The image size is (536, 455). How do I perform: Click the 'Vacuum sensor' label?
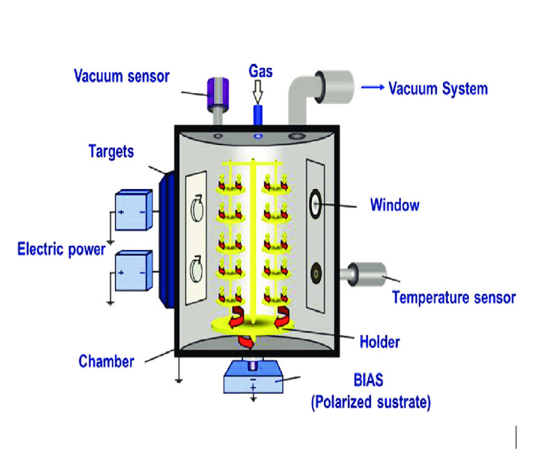click(x=121, y=76)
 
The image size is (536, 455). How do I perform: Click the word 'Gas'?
click(x=260, y=71)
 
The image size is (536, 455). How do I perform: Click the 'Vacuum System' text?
click(x=438, y=89)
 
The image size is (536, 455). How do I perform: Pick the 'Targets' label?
click(x=111, y=150)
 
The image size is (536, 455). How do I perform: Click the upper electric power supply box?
click(x=133, y=210)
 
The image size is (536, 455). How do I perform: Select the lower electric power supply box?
click(x=133, y=270)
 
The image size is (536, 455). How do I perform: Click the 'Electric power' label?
click(x=61, y=248)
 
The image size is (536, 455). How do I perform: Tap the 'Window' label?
click(x=395, y=205)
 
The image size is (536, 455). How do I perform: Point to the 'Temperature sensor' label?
click(x=453, y=297)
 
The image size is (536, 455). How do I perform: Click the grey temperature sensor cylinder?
click(x=367, y=272)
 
